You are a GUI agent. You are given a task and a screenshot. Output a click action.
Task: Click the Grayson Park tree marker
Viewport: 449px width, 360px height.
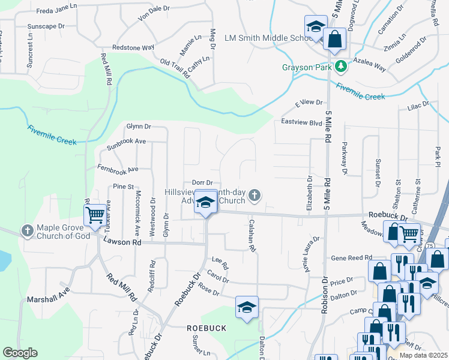click(341, 66)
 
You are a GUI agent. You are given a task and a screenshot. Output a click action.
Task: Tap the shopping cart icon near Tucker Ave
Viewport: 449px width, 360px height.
click(95, 215)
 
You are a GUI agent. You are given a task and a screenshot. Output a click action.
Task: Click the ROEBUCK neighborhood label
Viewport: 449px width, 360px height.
click(206, 328)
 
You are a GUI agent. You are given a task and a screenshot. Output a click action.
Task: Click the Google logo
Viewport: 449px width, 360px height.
click(20, 353)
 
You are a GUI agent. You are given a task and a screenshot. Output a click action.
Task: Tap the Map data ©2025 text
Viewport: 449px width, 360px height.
click(424, 355)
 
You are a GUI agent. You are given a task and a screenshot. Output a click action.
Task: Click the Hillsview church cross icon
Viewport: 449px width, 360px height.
click(255, 194)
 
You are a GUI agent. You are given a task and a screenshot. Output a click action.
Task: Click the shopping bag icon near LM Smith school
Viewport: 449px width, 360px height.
click(335, 40)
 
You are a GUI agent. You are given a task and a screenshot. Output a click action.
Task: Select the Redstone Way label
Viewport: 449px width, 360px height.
click(133, 47)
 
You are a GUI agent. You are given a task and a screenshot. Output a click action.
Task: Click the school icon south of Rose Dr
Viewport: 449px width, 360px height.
click(247, 308)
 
